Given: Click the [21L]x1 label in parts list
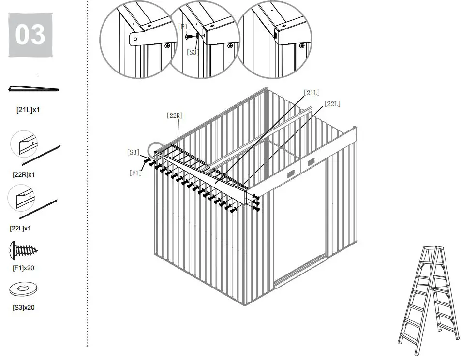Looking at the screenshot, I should coord(28,110).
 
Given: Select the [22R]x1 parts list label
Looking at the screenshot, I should coord(24,174).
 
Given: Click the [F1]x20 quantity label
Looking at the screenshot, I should coord(23,268).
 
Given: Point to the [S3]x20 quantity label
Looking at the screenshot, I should coord(23,307).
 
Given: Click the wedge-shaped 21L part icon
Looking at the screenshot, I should coord(33,88).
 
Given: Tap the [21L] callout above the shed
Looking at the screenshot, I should coord(312,92).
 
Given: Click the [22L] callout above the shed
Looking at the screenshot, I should coord(332,103).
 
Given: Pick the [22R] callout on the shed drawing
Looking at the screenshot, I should coord(175,115).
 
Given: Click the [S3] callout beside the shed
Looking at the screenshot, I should coord(133,152).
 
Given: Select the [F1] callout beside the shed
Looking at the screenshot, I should coord(135,173).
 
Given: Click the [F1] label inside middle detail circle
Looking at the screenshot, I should coord(185,26).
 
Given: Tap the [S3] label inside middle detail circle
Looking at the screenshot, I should coord(193,52).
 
